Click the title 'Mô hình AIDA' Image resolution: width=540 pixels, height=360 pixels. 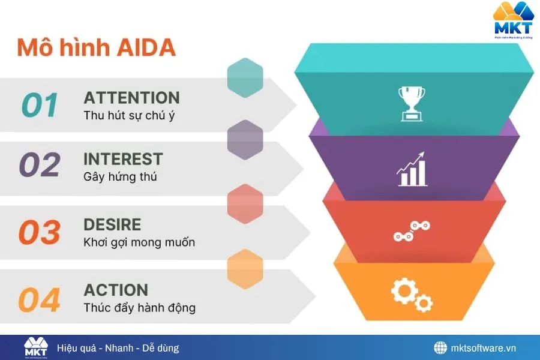point(96,47)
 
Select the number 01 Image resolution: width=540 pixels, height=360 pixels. point(40,106)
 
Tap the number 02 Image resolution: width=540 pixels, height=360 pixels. point(40,165)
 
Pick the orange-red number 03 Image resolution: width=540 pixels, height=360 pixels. point(40,233)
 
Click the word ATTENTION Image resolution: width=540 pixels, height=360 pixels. point(131,98)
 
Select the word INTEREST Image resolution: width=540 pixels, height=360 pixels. point(123,159)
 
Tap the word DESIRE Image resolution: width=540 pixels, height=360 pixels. point(112,225)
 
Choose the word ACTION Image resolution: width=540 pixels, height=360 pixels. point(116,290)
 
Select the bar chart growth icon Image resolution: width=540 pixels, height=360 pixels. point(412,169)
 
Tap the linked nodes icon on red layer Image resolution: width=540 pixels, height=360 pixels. point(412,231)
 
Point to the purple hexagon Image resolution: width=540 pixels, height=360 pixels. point(245,140)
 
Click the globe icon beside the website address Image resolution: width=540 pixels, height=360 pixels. point(441,348)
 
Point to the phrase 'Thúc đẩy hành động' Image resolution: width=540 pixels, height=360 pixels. point(139,308)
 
